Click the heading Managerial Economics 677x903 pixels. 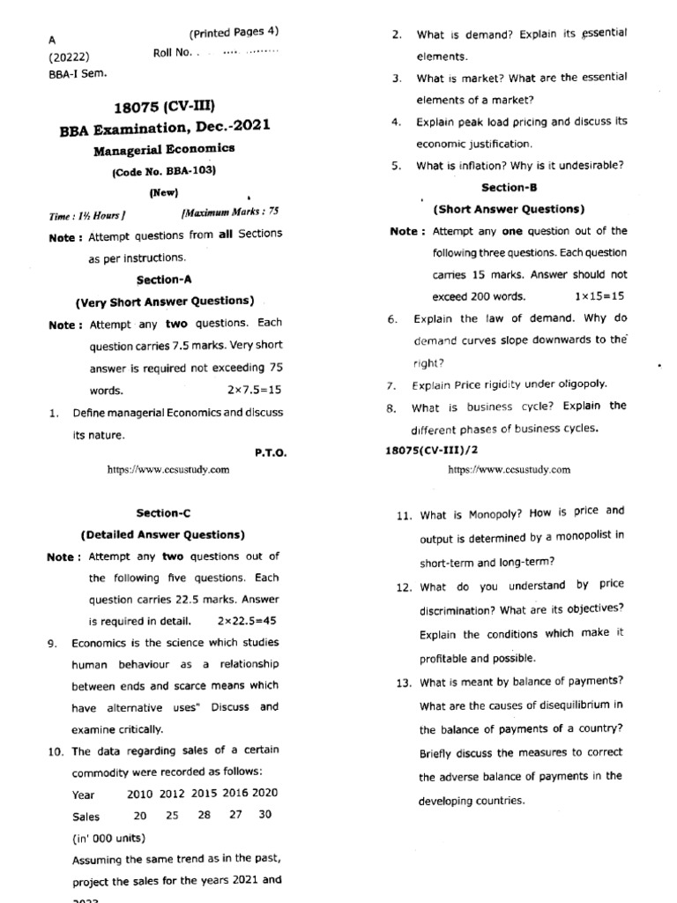(x=165, y=149)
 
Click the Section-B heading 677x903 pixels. (x=509, y=188)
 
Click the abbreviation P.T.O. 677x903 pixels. (x=271, y=452)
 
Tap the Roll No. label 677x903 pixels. (x=172, y=53)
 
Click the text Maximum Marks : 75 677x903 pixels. (x=230, y=213)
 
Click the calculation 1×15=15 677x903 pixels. (x=599, y=296)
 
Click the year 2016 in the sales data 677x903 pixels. (x=235, y=793)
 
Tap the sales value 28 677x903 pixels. (x=205, y=815)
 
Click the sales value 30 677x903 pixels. (x=264, y=815)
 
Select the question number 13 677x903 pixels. (x=405, y=682)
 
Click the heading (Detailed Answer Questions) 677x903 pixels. (x=163, y=534)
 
